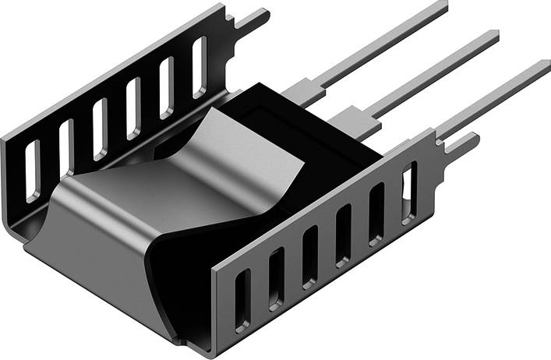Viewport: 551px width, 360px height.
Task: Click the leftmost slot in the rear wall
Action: (x=32, y=171)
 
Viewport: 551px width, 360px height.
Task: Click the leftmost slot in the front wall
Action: (x=242, y=298)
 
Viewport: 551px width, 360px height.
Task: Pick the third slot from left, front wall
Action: (x=310, y=256)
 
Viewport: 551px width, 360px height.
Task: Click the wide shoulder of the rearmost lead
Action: (x=300, y=91)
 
